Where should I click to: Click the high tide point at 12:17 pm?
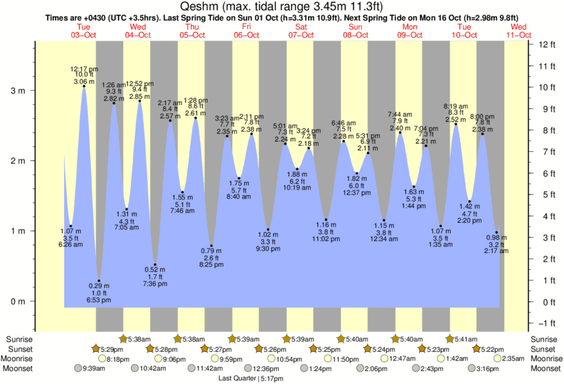[84, 86]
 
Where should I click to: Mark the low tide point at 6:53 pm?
[99, 281]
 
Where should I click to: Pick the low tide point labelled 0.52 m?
[155, 264]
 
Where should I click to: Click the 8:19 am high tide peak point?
[456, 124]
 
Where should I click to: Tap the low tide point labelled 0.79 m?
[211, 246]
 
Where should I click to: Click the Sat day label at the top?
[302, 27]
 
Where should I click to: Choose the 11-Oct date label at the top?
[519, 35]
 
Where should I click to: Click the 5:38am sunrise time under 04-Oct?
[140, 338]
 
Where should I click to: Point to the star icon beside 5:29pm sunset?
[97, 348]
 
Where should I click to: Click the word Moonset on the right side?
[545, 368]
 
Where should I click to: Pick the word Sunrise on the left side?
[18, 338]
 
